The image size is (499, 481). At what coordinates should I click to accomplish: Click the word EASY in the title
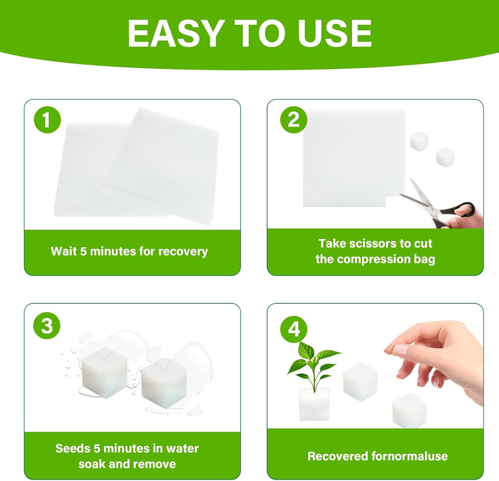click(x=174, y=33)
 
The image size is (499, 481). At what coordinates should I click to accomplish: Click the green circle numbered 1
click(x=47, y=120)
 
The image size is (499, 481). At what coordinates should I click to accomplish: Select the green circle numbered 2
click(x=293, y=120)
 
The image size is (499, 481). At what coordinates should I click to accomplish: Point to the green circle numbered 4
click(x=294, y=329)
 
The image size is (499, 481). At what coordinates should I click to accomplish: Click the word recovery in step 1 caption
click(x=183, y=251)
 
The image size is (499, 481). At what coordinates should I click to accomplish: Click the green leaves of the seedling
click(x=313, y=359)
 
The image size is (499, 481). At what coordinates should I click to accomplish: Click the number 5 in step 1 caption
click(x=83, y=251)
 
